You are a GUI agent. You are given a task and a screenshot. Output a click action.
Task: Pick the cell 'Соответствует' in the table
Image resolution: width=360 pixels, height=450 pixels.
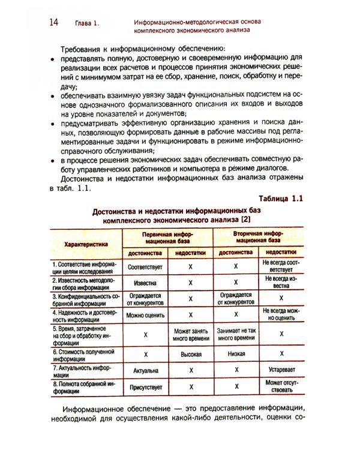click(145, 265)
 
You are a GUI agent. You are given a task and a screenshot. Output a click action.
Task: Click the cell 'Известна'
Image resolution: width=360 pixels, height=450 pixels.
click(145, 281)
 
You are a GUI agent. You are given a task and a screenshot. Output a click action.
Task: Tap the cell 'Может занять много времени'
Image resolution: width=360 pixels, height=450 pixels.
click(191, 335)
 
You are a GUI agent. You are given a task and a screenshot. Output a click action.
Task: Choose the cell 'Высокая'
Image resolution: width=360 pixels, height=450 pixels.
click(191, 354)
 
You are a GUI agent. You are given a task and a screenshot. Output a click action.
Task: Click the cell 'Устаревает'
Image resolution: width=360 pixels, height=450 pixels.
click(281, 371)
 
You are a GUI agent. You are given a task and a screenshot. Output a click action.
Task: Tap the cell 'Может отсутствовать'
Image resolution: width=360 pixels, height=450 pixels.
click(281, 387)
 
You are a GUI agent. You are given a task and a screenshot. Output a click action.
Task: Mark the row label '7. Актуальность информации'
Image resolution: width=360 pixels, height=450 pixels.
click(82, 371)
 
